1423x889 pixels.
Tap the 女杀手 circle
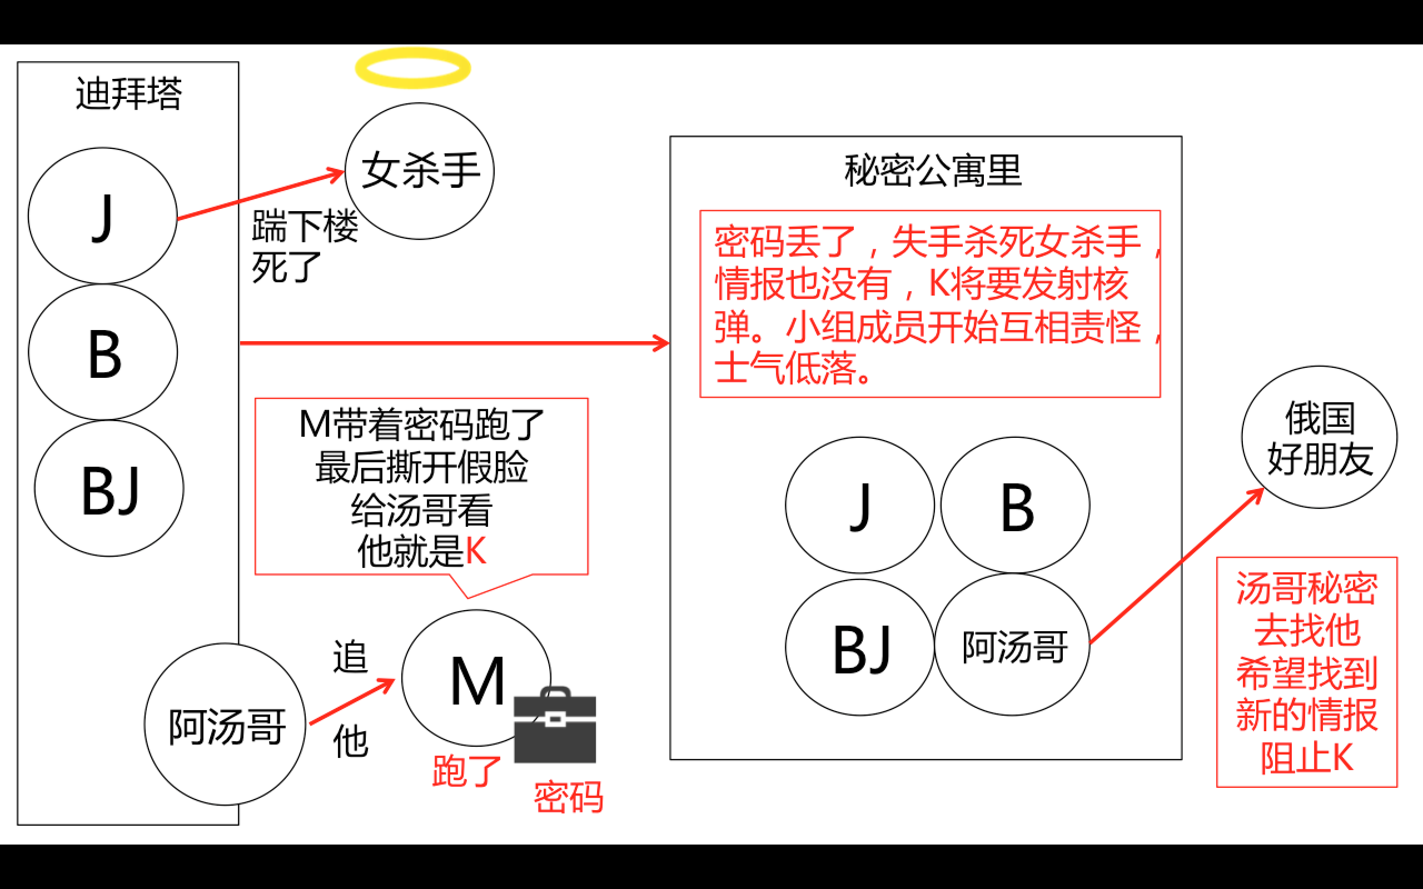[x=419, y=171]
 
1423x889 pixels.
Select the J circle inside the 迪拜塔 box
[x=103, y=216]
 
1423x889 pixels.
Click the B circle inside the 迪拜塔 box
[x=103, y=352]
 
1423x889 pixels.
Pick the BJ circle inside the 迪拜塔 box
[x=110, y=488]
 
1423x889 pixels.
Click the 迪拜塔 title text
[x=129, y=93]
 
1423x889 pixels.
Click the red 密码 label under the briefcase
[x=568, y=797]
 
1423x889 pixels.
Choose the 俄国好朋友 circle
[x=1319, y=437]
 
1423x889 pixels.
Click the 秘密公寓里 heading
[x=933, y=171]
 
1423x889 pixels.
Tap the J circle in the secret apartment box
[x=860, y=505]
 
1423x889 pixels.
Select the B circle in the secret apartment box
[x=1016, y=505]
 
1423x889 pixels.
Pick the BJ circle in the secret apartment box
[x=860, y=647]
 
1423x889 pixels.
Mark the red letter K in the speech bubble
[x=476, y=551]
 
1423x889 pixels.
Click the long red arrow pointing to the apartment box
[x=453, y=343]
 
